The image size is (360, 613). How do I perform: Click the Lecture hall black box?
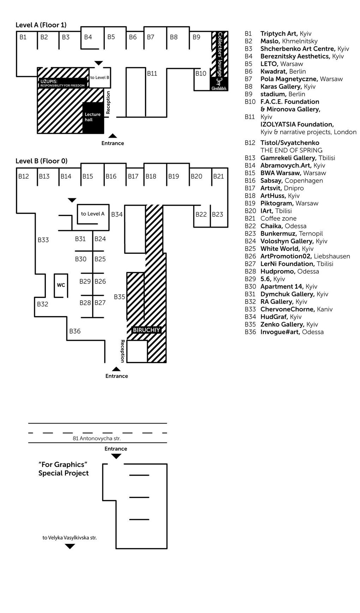coord(93,118)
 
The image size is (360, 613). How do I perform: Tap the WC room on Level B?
coord(61,285)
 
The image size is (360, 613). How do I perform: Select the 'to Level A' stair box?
coord(92,214)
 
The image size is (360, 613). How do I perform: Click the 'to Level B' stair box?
coord(100,77)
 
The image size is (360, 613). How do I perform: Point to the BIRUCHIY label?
coord(146,330)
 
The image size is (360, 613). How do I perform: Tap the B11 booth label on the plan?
coord(152,73)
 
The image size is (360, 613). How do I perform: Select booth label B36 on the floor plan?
coord(75,331)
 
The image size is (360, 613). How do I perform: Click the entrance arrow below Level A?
coord(113,136)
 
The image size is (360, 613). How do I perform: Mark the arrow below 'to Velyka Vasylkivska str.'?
coord(70,546)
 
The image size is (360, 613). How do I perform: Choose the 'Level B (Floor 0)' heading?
coord(41,161)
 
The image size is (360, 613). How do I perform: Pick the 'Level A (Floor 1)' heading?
coord(41,25)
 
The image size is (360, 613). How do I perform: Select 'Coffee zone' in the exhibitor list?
coord(278,218)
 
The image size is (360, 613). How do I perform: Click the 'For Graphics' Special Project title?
coord(63,469)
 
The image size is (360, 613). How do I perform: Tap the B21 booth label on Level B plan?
coord(218,176)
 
